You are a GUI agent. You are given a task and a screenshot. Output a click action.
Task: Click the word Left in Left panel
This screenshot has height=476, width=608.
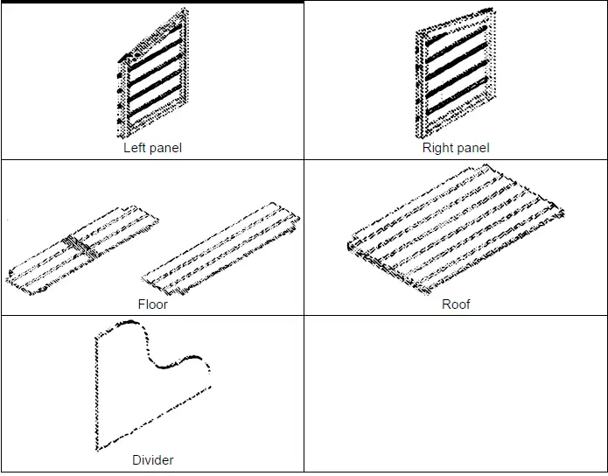[135, 148]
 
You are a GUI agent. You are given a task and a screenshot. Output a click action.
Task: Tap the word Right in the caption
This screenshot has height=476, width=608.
[438, 148]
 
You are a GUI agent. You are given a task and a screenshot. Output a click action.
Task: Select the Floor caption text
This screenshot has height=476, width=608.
[152, 304]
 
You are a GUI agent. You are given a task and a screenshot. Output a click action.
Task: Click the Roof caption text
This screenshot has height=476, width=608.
[456, 304]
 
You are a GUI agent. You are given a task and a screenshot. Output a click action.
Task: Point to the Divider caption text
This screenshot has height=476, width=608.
[152, 460]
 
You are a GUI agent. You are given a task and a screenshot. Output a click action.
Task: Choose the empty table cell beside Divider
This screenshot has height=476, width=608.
[455, 394]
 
